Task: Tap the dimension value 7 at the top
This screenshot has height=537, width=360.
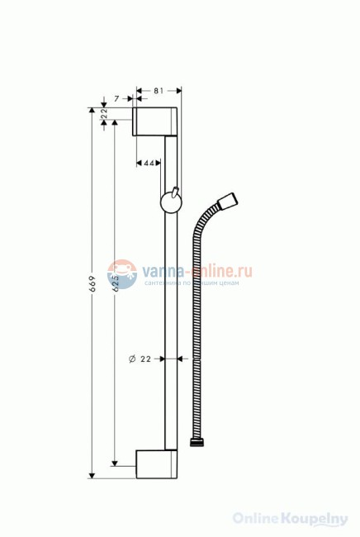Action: pyautogui.click(x=117, y=97)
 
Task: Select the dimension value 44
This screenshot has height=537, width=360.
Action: pyautogui.click(x=150, y=164)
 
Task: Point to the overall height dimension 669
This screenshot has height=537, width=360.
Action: pyautogui.click(x=93, y=285)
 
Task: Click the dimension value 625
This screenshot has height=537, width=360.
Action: pyautogui.click(x=116, y=283)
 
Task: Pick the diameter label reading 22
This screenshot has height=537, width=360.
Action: pyautogui.click(x=144, y=359)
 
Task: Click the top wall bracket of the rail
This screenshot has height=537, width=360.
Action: pyautogui.click(x=157, y=121)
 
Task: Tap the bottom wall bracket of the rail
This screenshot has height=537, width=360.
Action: pyautogui.click(x=157, y=464)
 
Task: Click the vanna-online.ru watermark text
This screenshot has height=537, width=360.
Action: pyautogui.click(x=197, y=269)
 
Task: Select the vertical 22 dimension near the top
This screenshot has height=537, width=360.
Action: pyautogui.click(x=105, y=114)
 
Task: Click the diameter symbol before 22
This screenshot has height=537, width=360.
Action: pyautogui.click(x=132, y=359)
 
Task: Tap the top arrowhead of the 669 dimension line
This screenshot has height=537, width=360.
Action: pyautogui.click(x=92, y=110)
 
